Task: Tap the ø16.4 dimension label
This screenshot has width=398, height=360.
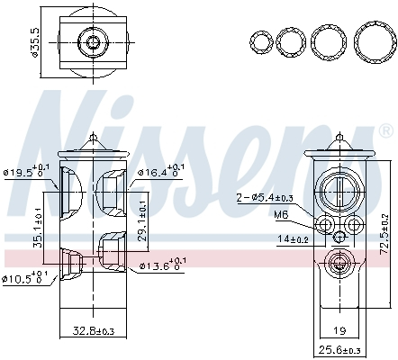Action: [x=159, y=171]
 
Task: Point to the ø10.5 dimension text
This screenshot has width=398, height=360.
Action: [x=26, y=275]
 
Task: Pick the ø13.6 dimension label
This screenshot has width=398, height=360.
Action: [x=159, y=265]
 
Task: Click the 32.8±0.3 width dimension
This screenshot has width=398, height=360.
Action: [x=93, y=332]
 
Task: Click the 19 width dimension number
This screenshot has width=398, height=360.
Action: [x=339, y=331]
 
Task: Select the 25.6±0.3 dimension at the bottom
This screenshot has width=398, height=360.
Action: [x=339, y=349]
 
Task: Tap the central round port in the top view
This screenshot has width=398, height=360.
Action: [x=93, y=41]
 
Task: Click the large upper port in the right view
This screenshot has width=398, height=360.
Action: [x=339, y=188]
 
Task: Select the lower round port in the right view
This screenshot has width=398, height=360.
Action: [x=339, y=264]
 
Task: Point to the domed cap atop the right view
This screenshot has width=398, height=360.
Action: [x=339, y=144]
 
